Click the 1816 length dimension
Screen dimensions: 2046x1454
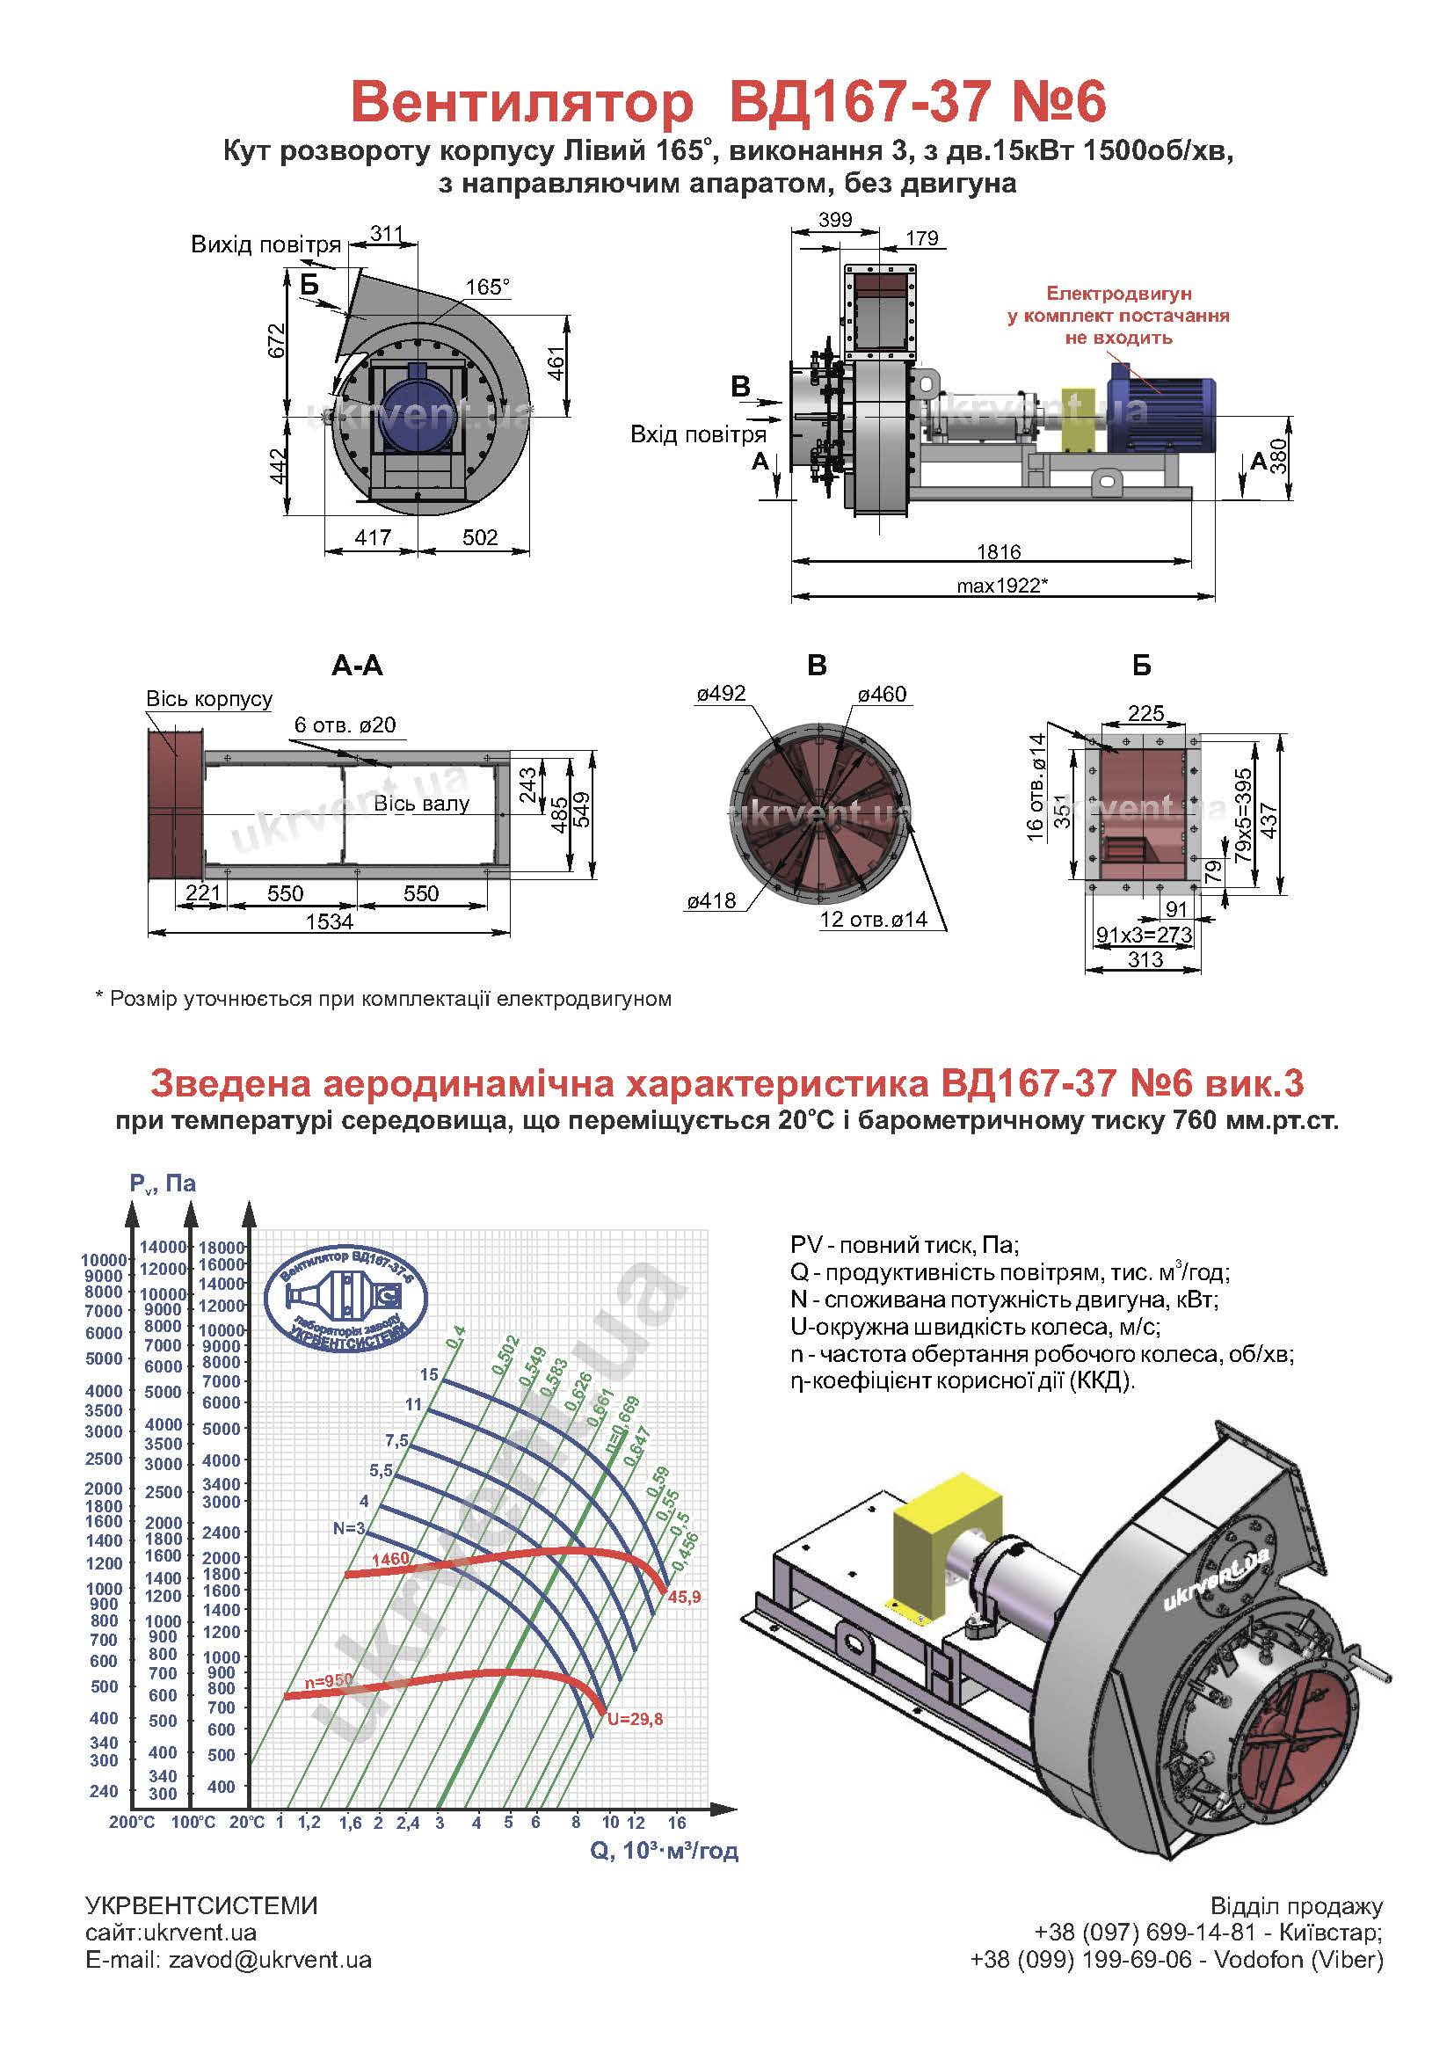click(999, 550)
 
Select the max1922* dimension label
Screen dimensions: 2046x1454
click(1002, 586)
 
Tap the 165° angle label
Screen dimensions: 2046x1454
click(488, 287)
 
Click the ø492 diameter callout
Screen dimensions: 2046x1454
click(721, 694)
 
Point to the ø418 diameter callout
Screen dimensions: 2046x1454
click(712, 900)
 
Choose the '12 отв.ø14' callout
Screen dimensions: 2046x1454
click(873, 919)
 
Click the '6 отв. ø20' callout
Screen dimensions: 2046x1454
click(345, 724)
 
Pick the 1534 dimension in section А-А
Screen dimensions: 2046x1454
click(330, 921)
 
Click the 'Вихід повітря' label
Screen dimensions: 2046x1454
click(265, 244)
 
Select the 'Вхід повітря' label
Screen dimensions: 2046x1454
click(698, 435)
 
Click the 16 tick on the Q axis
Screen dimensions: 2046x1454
click(677, 1822)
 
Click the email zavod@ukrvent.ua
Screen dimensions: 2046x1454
click(270, 1959)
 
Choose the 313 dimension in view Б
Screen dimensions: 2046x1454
click(1145, 959)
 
